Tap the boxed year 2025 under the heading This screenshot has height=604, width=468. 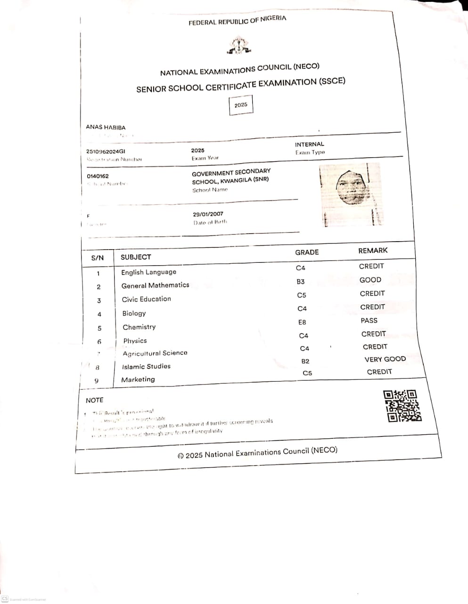click(241, 105)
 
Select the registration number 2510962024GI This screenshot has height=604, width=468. click(106, 151)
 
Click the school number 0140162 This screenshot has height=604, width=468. click(98, 176)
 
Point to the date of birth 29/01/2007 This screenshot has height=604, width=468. click(208, 214)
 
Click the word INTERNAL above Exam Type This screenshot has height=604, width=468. click(310, 144)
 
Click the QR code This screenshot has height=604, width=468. click(402, 405)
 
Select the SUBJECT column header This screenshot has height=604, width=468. click(136, 257)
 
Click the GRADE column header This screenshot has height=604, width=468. click(307, 252)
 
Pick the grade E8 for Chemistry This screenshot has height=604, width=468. click(302, 322)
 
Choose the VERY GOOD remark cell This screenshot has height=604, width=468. click(385, 359)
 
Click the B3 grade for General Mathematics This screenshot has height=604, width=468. click(301, 282)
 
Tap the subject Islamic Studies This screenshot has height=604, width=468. click(146, 367)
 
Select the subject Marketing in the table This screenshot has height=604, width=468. click(138, 379)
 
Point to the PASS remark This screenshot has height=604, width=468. click(369, 320)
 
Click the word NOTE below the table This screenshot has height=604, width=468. click(94, 400)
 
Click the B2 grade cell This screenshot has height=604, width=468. click(305, 361)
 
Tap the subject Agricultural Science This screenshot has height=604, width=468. click(155, 353)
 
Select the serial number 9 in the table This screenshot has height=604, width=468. click(97, 381)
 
